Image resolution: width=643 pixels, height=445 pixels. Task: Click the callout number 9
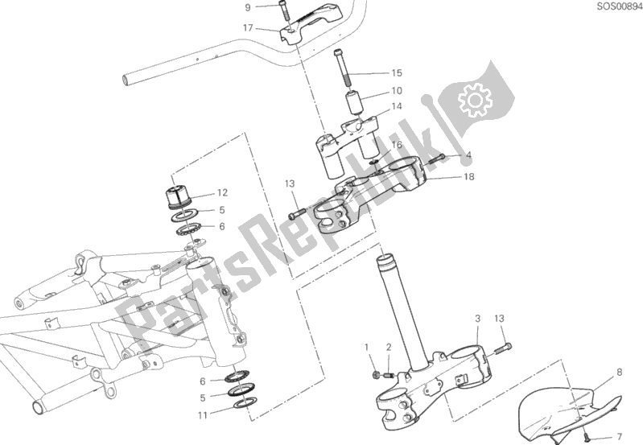(x=247, y=7)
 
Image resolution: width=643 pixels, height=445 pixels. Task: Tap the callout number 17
(x=248, y=28)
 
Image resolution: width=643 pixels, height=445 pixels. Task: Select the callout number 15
(x=397, y=73)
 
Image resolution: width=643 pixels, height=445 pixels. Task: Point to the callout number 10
(x=397, y=91)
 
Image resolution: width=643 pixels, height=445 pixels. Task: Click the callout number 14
(x=397, y=107)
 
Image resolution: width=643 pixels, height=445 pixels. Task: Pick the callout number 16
(x=397, y=145)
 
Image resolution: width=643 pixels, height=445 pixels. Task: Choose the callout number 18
(x=468, y=177)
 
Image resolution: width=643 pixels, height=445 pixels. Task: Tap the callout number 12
(x=222, y=193)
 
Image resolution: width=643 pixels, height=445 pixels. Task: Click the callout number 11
(x=203, y=415)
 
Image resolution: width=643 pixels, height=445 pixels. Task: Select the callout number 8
(x=619, y=372)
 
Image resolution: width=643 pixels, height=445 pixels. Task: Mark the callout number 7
(x=619, y=437)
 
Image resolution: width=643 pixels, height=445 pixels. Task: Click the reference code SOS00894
(x=620, y=6)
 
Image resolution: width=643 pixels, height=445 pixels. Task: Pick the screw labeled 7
(x=585, y=431)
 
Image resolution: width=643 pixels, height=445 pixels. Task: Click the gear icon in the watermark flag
(x=476, y=100)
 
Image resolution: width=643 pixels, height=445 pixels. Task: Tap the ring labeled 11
(x=245, y=403)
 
